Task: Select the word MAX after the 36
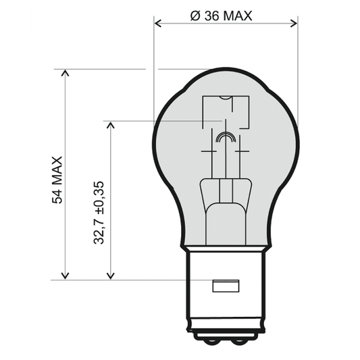tap(237, 15)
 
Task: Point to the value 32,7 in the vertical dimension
tap(99, 230)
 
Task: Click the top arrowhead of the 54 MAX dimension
tap(65, 73)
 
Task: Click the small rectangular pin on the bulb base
tap(226, 286)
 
